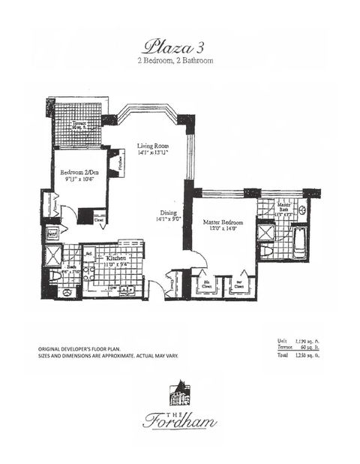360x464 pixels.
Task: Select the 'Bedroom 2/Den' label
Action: [77, 177]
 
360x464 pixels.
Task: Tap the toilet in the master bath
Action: [301, 212]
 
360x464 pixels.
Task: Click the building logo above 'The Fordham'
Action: [180, 392]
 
